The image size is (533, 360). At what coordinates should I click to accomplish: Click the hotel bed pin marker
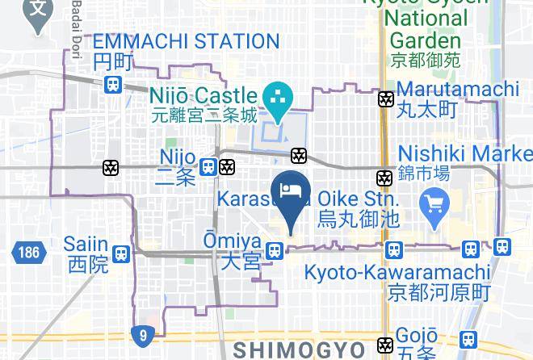291,194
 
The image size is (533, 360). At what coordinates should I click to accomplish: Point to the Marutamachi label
457,88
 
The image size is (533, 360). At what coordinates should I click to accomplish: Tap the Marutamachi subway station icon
385,99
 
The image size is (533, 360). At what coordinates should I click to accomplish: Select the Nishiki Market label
465,153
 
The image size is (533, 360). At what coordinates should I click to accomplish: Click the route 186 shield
26,253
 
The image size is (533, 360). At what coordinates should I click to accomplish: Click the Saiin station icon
121,253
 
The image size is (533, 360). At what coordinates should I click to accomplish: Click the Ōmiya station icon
275,252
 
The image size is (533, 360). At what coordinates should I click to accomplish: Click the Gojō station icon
385,345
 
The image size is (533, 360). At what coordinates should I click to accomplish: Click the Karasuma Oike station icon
385,177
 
